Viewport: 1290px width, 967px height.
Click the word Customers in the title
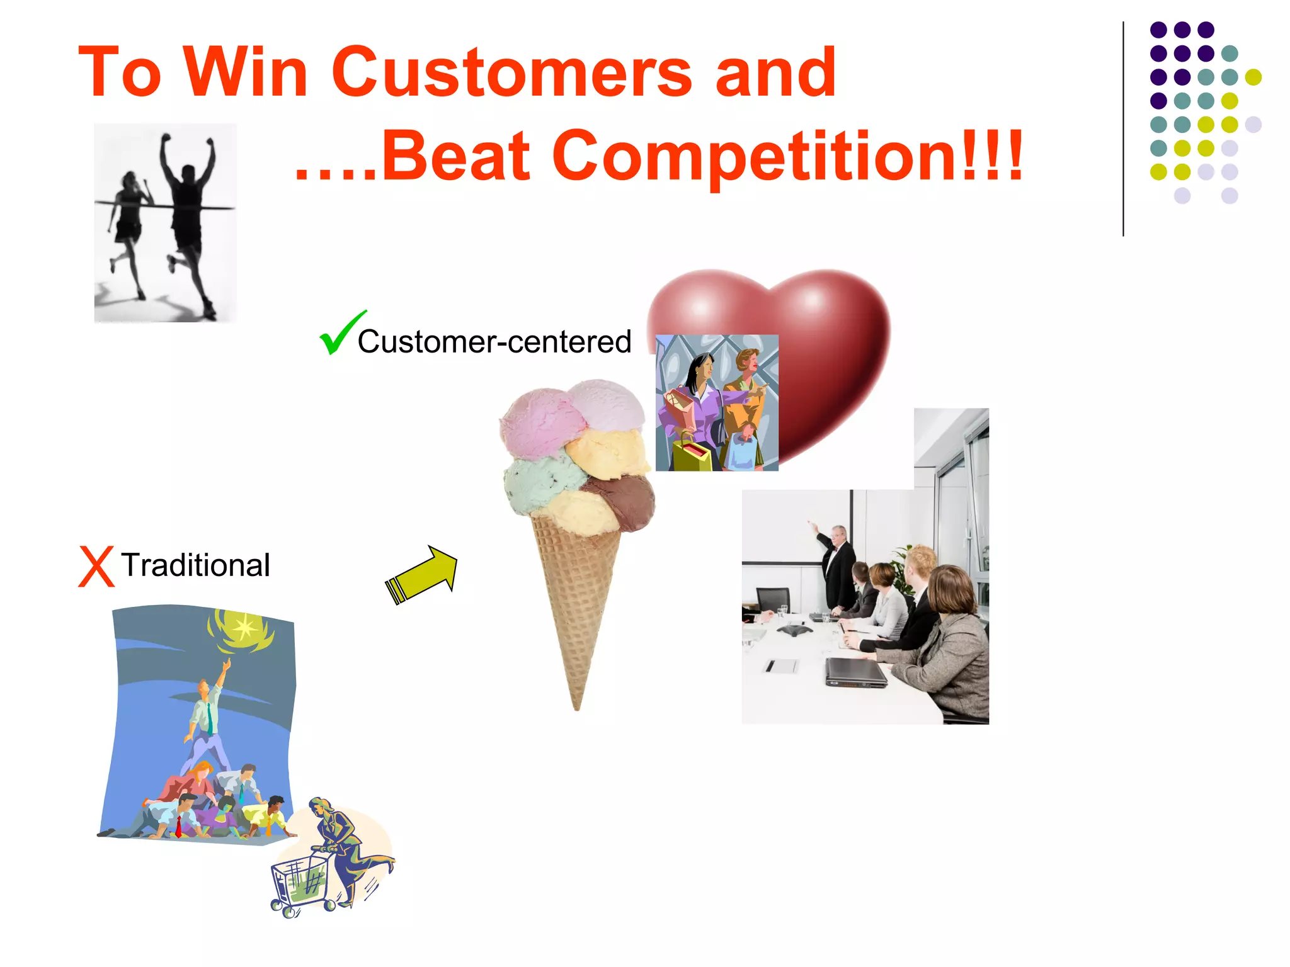511,72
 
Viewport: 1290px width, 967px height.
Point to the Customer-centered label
494,342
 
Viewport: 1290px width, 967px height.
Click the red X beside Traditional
96,567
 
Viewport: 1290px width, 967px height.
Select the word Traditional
195,565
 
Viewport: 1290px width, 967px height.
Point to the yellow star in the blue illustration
244,626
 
